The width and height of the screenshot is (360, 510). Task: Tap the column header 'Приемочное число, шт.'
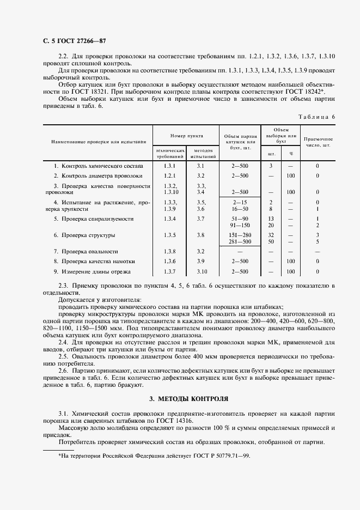tap(318, 143)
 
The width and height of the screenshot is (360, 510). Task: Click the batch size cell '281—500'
tap(240, 241)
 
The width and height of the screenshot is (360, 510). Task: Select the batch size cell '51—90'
tap(240, 218)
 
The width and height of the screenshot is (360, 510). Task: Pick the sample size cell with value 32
tap(271, 235)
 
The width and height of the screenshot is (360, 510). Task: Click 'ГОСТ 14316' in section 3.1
tap(170, 421)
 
